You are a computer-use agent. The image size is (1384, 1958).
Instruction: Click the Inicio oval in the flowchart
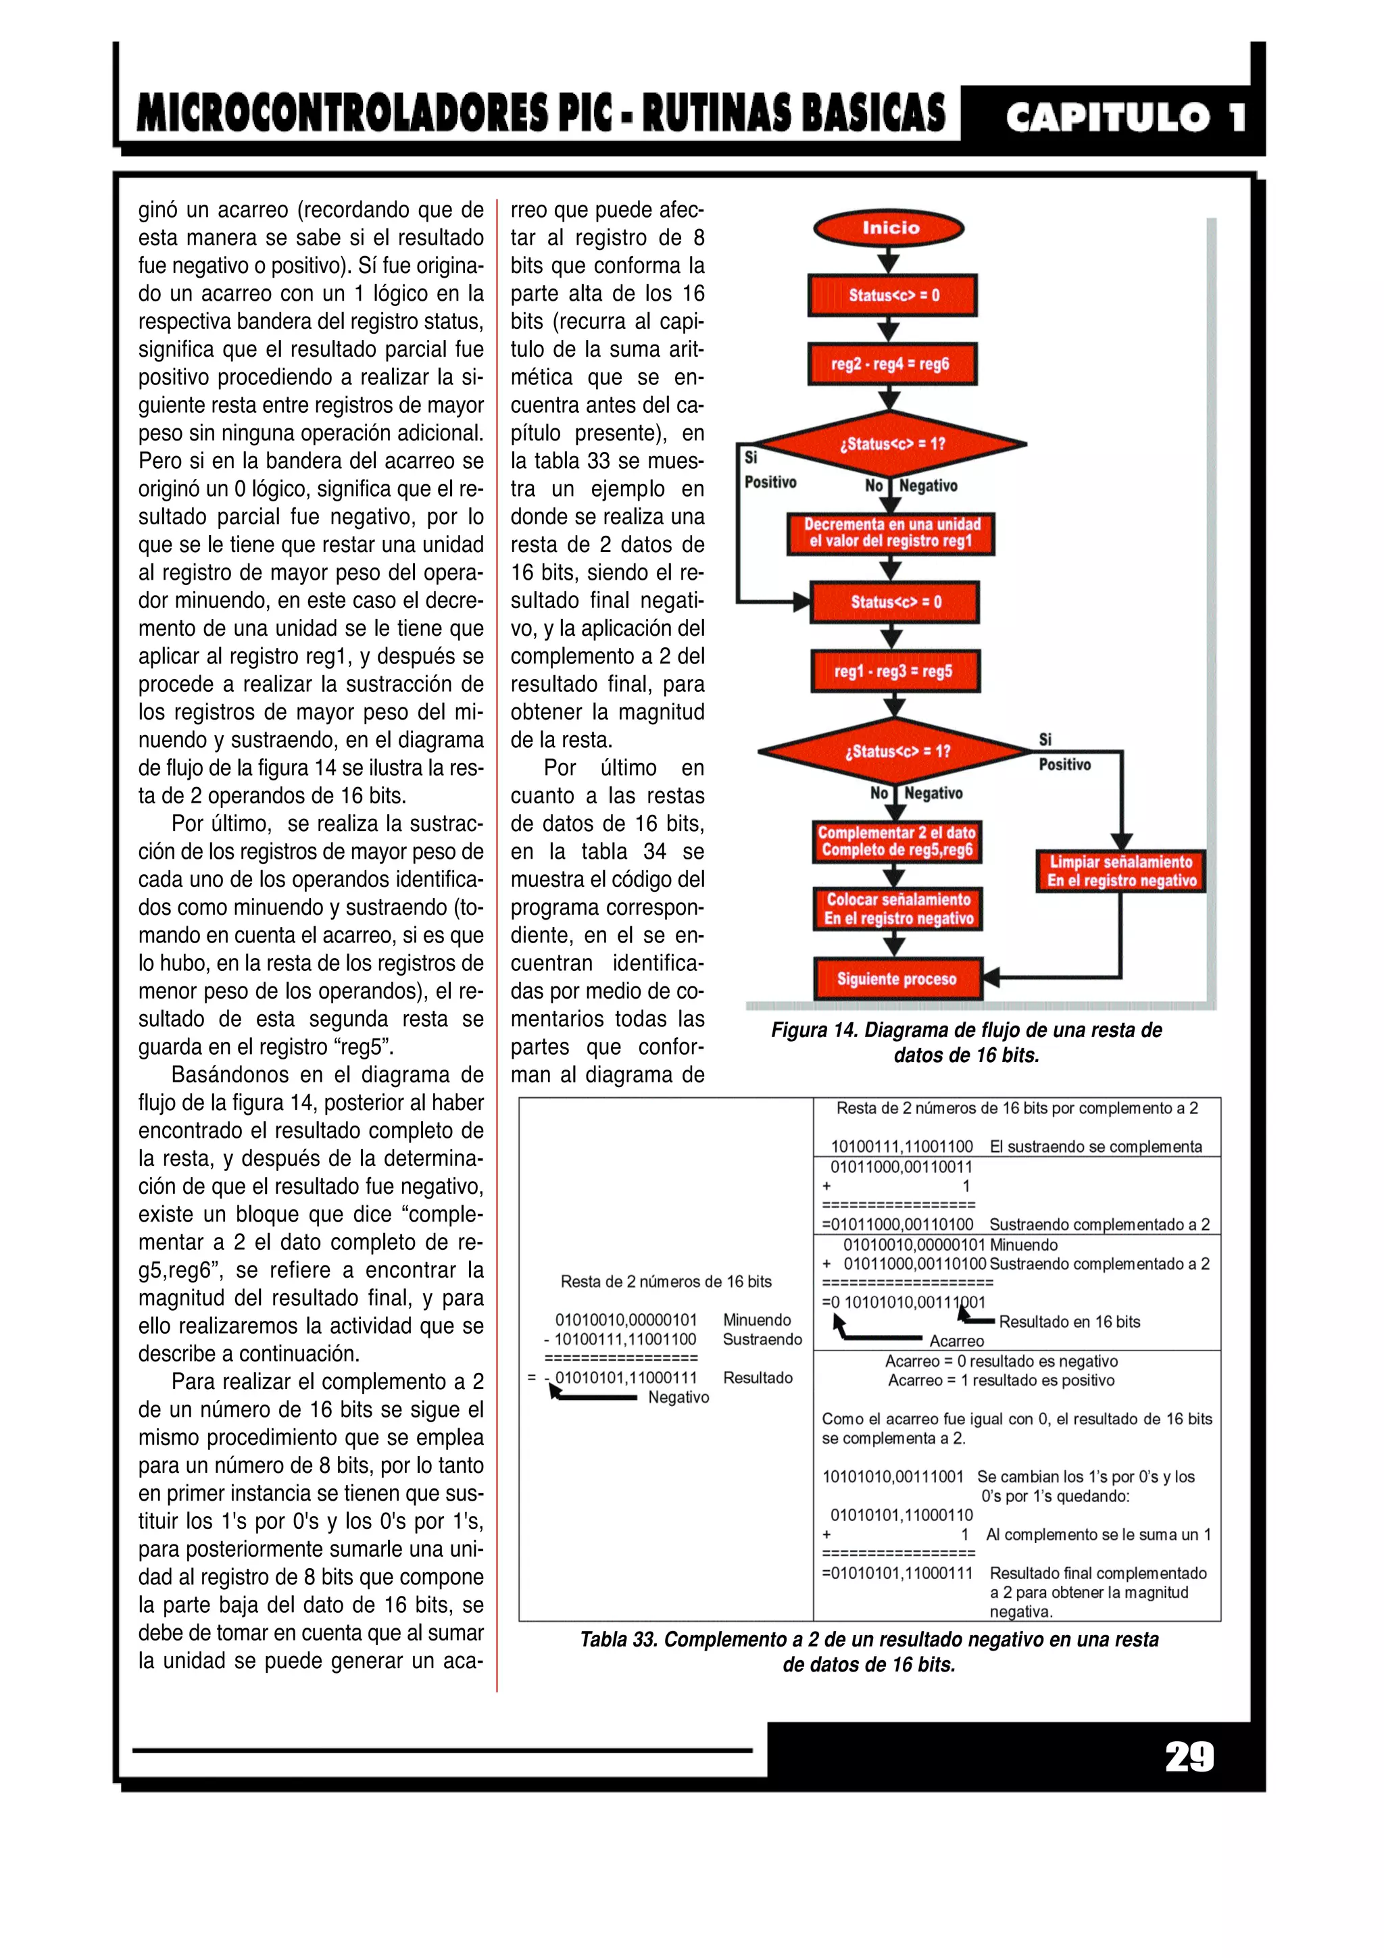click(x=889, y=228)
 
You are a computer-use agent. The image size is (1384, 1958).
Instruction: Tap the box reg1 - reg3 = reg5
click(x=893, y=671)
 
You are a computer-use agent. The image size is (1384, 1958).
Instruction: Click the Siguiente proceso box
click(x=897, y=979)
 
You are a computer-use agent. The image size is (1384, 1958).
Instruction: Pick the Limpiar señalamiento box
click(x=1120, y=871)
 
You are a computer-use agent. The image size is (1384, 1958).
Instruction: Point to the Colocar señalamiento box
click(x=897, y=908)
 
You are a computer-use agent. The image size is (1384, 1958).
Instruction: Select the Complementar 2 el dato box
click(x=896, y=841)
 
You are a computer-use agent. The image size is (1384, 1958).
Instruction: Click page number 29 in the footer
click(x=1189, y=1756)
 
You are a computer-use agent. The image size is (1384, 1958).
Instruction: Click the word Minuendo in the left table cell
click(x=756, y=1320)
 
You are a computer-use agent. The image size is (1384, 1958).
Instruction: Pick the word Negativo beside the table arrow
click(x=678, y=1397)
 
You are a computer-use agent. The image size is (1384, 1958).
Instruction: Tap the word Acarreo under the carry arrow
click(x=956, y=1340)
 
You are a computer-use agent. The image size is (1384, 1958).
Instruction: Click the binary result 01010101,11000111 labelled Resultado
click(x=626, y=1377)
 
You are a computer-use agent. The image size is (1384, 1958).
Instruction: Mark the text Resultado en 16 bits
click(x=1069, y=1322)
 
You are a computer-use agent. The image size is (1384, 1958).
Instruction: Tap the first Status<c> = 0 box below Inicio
click(x=892, y=296)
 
